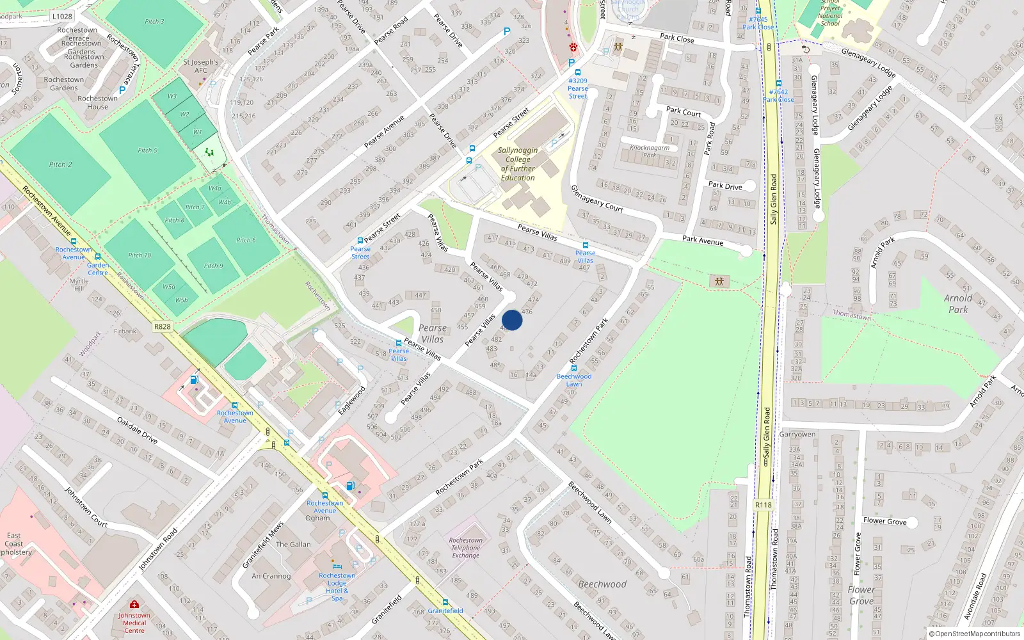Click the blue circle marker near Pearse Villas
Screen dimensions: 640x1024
click(512, 320)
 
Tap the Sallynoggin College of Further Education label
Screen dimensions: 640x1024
click(518, 164)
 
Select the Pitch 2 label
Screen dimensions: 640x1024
click(60, 164)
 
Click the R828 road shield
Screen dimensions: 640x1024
click(163, 326)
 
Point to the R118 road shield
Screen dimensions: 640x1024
click(764, 505)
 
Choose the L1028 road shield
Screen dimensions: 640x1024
click(62, 17)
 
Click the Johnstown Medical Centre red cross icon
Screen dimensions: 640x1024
click(134, 605)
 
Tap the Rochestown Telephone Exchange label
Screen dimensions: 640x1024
click(465, 548)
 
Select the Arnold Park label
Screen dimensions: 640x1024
click(958, 303)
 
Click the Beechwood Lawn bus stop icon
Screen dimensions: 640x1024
click(574, 369)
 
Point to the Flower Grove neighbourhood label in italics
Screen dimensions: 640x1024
click(861, 595)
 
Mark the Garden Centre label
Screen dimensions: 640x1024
click(98, 269)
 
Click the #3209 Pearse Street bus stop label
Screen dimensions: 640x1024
click(578, 88)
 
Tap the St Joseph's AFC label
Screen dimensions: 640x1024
click(201, 66)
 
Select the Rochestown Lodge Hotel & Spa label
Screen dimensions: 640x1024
click(337, 586)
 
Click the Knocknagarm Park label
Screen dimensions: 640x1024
click(650, 151)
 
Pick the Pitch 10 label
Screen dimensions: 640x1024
click(140, 255)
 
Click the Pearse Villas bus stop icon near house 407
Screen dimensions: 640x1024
click(585, 245)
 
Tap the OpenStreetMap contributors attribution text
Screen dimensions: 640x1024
click(975, 634)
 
